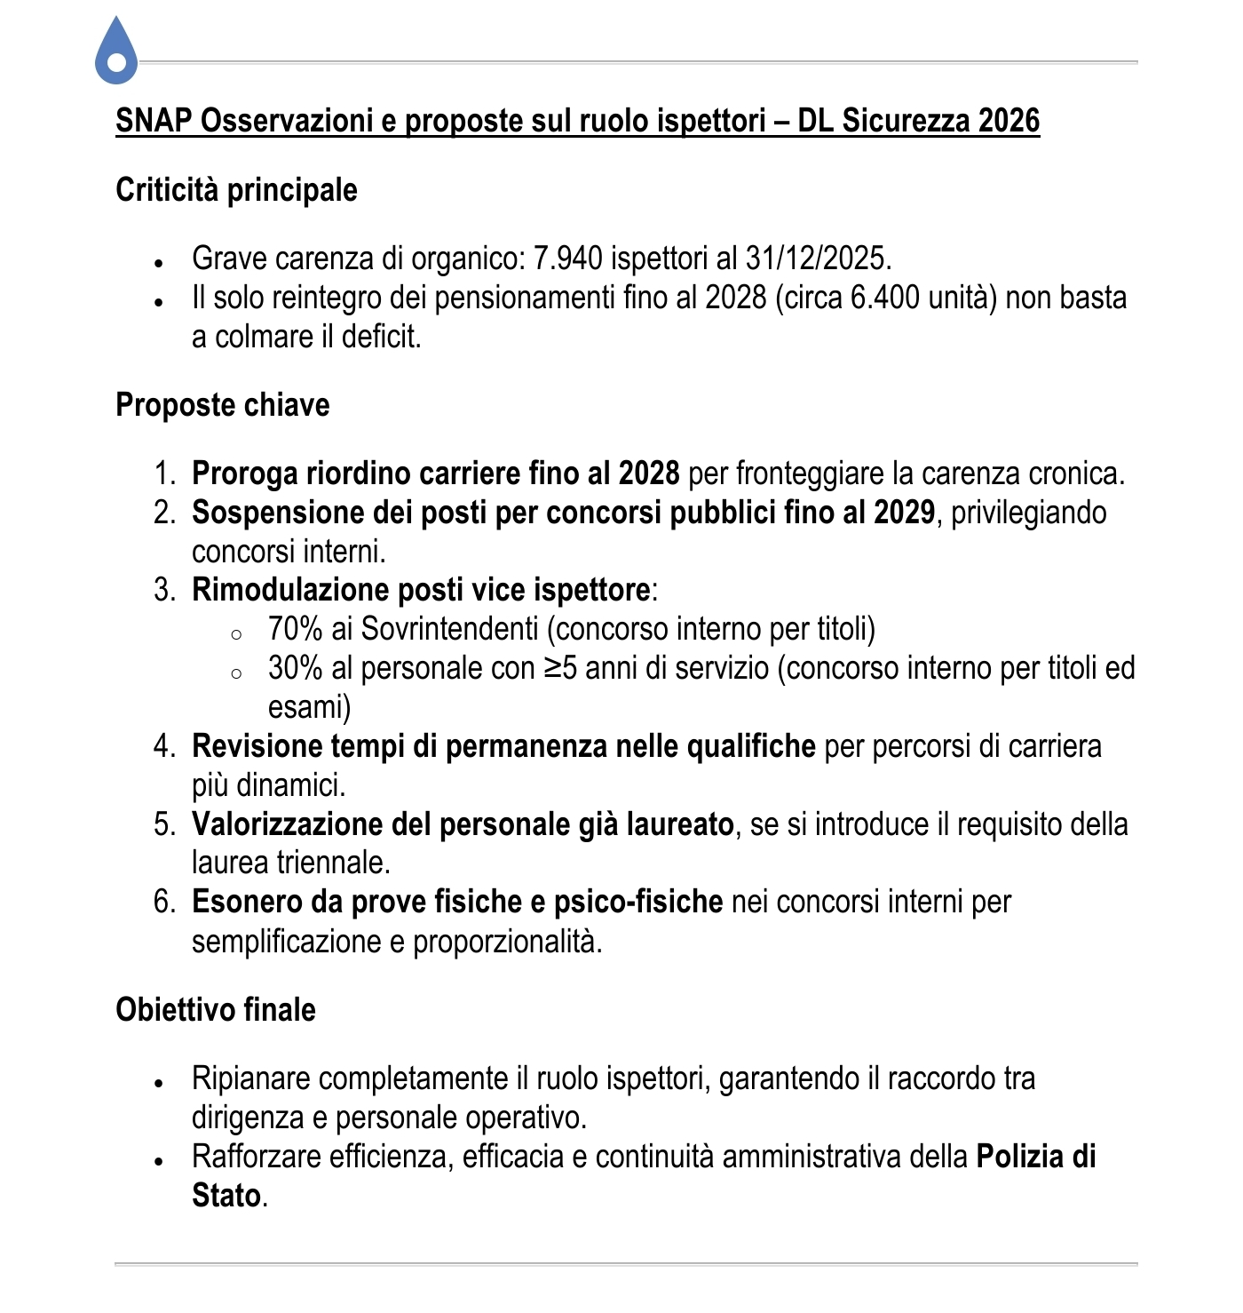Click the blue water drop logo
click(116, 52)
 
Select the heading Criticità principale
click(236, 190)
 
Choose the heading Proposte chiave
click(222, 405)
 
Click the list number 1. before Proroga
click(165, 473)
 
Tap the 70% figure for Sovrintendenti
click(295, 629)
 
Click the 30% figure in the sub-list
click(295, 668)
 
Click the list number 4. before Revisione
click(165, 746)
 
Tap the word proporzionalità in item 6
click(507, 941)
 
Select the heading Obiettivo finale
click(216, 1010)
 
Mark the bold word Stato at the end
click(226, 1196)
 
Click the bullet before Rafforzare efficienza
click(159, 1160)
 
